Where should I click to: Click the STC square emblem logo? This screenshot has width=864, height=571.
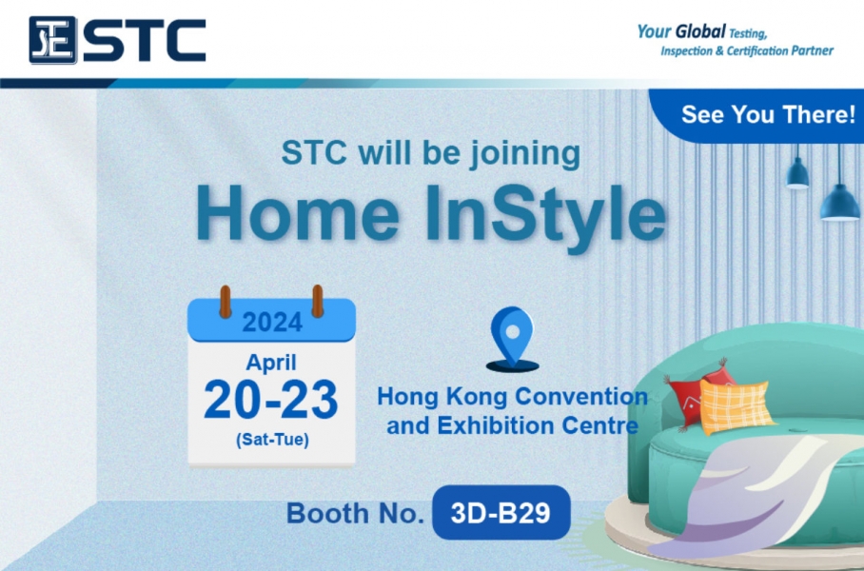click(x=52, y=40)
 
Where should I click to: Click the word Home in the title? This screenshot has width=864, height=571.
click(x=298, y=213)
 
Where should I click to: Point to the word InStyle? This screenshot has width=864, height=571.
click(x=546, y=219)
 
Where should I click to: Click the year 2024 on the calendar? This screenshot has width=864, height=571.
click(x=272, y=323)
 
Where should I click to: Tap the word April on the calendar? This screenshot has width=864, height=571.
click(x=271, y=363)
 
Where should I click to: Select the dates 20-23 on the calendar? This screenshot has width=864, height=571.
click(x=271, y=400)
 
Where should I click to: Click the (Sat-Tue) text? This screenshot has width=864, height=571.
click(x=272, y=440)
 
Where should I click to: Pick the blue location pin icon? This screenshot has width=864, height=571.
click(x=513, y=337)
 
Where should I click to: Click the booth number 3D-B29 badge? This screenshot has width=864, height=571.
click(x=501, y=513)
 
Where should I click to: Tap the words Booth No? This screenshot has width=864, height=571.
click(x=355, y=514)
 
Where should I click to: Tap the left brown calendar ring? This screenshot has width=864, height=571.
click(x=226, y=302)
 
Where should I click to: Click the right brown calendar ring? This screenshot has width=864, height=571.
click(x=318, y=301)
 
